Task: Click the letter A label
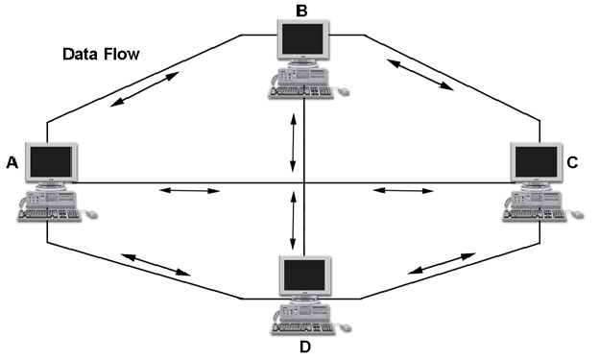[12, 163]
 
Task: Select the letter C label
[572, 163]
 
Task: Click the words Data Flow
[101, 54]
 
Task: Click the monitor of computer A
[50, 164]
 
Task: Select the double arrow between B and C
[419, 74]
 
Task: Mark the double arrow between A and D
[155, 264]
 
